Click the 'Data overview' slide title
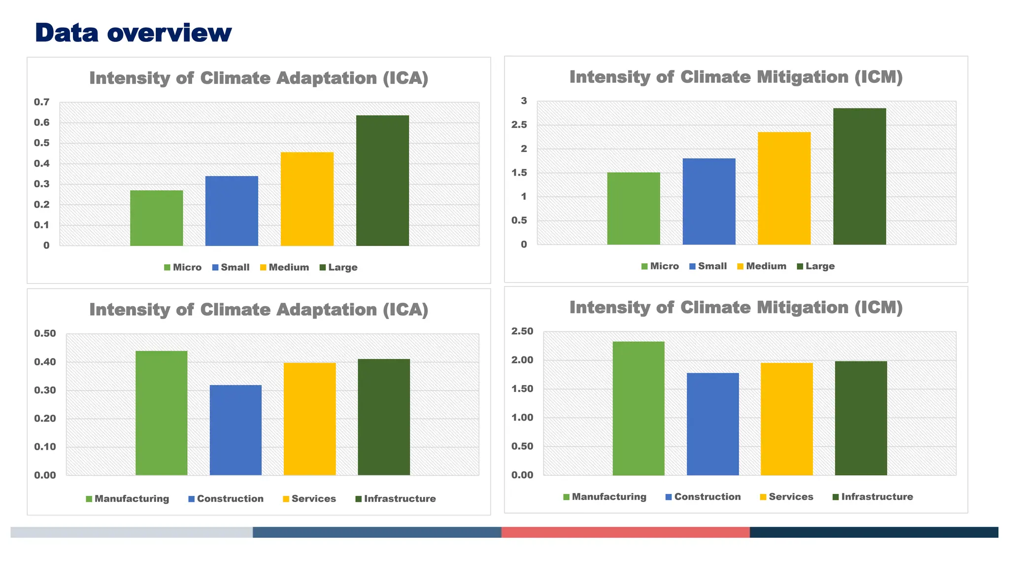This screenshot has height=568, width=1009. point(133,33)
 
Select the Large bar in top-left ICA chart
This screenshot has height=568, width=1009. point(382,180)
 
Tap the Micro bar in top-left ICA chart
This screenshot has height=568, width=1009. point(156,218)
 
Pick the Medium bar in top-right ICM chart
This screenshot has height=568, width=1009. point(784,188)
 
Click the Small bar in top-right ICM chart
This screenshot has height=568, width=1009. point(708,201)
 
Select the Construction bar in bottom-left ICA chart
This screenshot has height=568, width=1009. point(235,430)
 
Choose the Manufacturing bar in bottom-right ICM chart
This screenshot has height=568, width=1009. point(638,408)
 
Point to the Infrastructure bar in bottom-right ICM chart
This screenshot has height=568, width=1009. point(861,418)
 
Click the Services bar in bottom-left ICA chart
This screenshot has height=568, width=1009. point(309,419)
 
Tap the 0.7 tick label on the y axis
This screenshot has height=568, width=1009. point(42,102)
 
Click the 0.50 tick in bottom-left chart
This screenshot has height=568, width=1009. point(45,333)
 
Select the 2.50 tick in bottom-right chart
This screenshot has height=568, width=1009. point(522,331)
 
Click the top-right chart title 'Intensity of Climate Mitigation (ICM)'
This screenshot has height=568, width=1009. point(736,77)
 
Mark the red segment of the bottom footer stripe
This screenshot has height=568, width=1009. point(625,532)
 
